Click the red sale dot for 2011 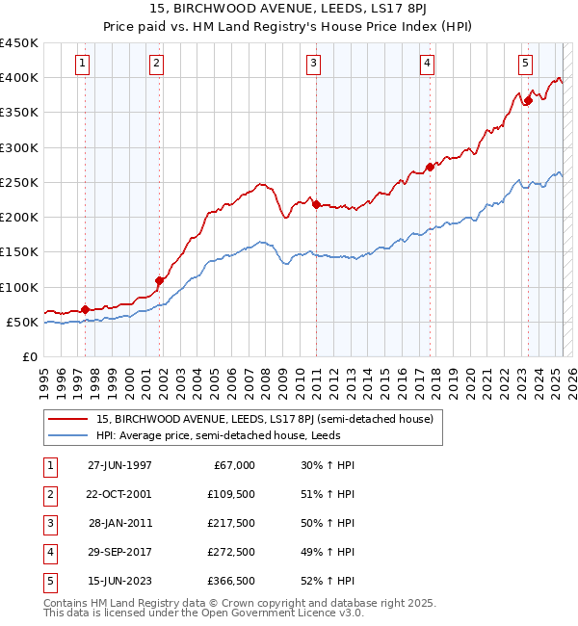click(x=316, y=205)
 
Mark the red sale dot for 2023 click(x=528, y=100)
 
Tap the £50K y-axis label click(x=23, y=322)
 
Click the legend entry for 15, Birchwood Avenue click(x=265, y=419)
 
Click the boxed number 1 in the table click(x=48, y=464)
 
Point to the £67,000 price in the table click(x=234, y=464)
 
